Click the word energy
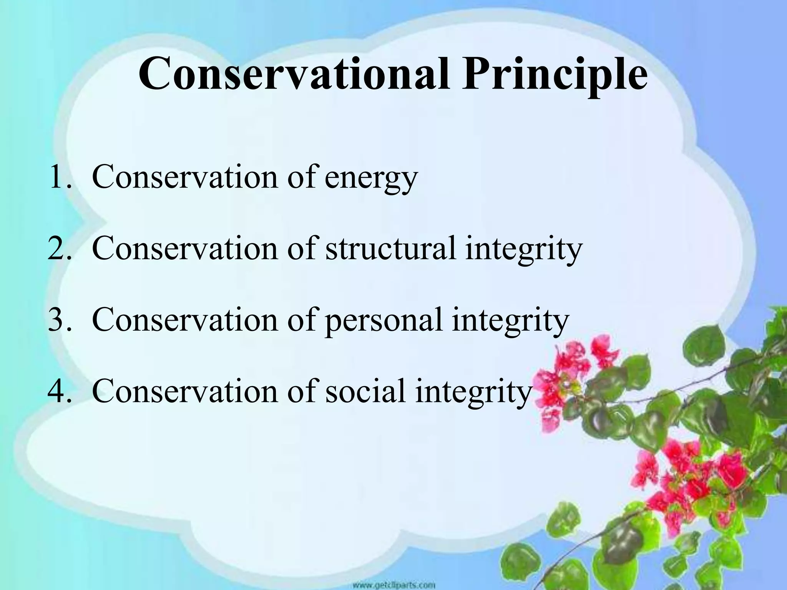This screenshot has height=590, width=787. point(371,181)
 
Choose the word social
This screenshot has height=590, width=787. point(365,391)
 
